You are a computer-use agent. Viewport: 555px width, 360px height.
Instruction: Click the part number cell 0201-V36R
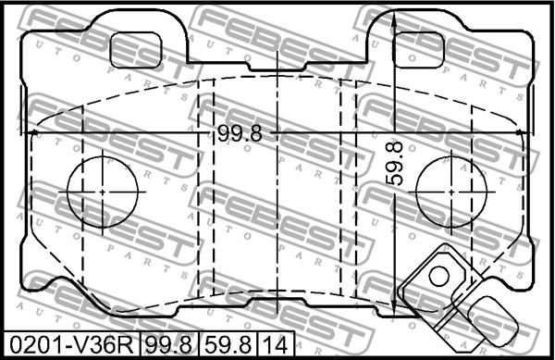point(71,345)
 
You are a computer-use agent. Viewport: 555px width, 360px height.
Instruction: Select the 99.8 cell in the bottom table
point(169,345)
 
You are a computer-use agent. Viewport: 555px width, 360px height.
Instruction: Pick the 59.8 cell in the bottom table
point(228,345)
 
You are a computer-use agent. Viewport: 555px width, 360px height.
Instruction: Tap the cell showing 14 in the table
point(276,345)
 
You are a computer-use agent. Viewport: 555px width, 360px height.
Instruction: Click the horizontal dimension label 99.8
point(240,134)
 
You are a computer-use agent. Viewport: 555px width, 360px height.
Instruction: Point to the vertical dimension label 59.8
point(394,163)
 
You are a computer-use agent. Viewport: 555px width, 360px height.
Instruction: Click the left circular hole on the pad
point(103,192)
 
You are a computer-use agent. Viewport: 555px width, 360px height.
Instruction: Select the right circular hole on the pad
point(451,192)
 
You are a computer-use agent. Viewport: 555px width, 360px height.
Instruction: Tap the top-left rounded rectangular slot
point(136,50)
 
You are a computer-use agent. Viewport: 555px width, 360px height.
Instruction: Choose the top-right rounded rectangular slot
point(419,50)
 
